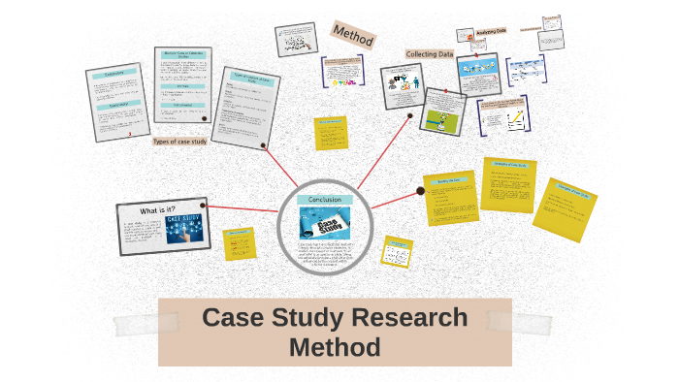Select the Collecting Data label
pyautogui.click(x=430, y=54)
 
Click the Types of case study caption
pyautogui.click(x=179, y=142)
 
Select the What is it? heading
pyautogui.click(x=158, y=210)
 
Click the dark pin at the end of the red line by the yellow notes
pyautogui.click(x=420, y=191)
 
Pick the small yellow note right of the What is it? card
pyautogui.click(x=239, y=243)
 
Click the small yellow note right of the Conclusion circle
pyautogui.click(x=397, y=251)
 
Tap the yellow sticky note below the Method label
pyautogui.click(x=331, y=134)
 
